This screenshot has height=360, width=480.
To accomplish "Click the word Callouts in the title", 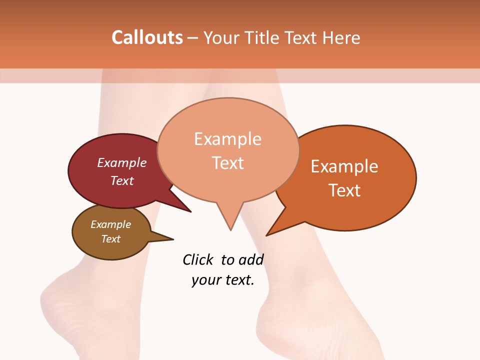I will coord(147,37).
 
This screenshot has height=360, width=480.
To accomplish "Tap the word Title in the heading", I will coord(262,37).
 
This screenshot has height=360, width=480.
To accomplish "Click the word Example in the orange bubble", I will coord(344,166).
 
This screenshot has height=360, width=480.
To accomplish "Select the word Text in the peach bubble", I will coord(228,163).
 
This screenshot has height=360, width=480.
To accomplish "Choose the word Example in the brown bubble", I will coord(110,224).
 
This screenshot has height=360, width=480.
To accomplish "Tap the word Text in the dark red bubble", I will coord(122,180).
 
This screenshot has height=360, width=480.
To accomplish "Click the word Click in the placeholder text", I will coord(198,259).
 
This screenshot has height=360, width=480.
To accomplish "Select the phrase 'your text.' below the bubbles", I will coord(223,280).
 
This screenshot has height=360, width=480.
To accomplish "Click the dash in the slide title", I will coord(193,38).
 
